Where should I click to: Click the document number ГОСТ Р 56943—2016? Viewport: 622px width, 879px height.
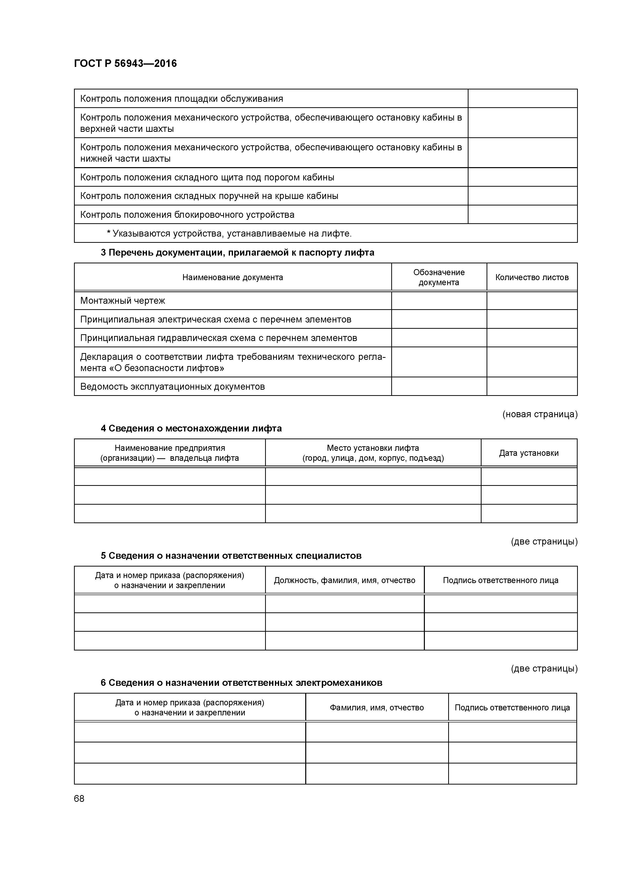click(x=125, y=64)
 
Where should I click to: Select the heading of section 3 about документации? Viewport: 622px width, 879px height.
click(x=237, y=253)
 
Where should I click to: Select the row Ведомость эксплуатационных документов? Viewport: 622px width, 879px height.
click(x=173, y=387)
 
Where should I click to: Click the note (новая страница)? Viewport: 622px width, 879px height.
click(x=539, y=414)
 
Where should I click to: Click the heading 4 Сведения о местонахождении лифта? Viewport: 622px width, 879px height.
click(x=191, y=428)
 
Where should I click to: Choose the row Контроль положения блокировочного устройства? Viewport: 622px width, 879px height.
click(x=187, y=215)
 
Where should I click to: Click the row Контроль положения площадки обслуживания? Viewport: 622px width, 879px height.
click(x=181, y=99)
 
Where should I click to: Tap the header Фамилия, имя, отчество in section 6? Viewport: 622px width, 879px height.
click(x=376, y=708)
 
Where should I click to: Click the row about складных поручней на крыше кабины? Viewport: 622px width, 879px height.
click(x=209, y=196)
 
